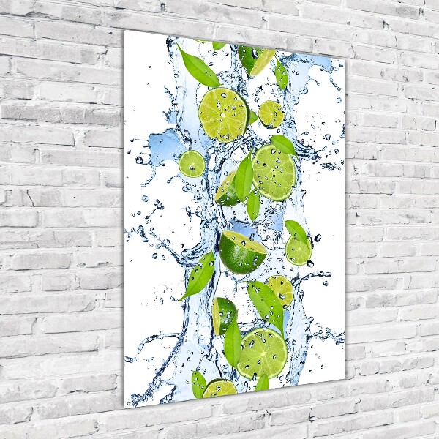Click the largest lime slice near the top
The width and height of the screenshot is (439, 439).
pos(223,114)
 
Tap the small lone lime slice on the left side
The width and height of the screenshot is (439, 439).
pos(192,164)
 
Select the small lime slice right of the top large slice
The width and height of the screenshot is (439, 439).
pos(271,114)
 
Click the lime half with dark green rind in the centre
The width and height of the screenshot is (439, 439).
pos(242,252)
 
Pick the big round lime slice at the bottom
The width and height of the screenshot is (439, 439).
pos(262,353)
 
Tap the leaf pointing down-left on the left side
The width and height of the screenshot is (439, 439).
pos(199,277)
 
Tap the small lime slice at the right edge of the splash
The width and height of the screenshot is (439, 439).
pos(298,250)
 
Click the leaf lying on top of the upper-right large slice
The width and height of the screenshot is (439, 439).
pos(282,144)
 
